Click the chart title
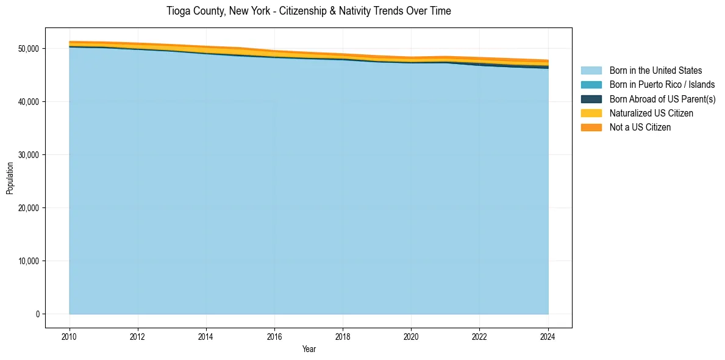click(309, 11)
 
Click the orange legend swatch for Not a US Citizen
click(591, 128)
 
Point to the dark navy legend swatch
click(591, 99)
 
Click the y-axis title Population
click(10, 178)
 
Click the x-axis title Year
click(309, 349)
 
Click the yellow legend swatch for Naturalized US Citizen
click(591, 113)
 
